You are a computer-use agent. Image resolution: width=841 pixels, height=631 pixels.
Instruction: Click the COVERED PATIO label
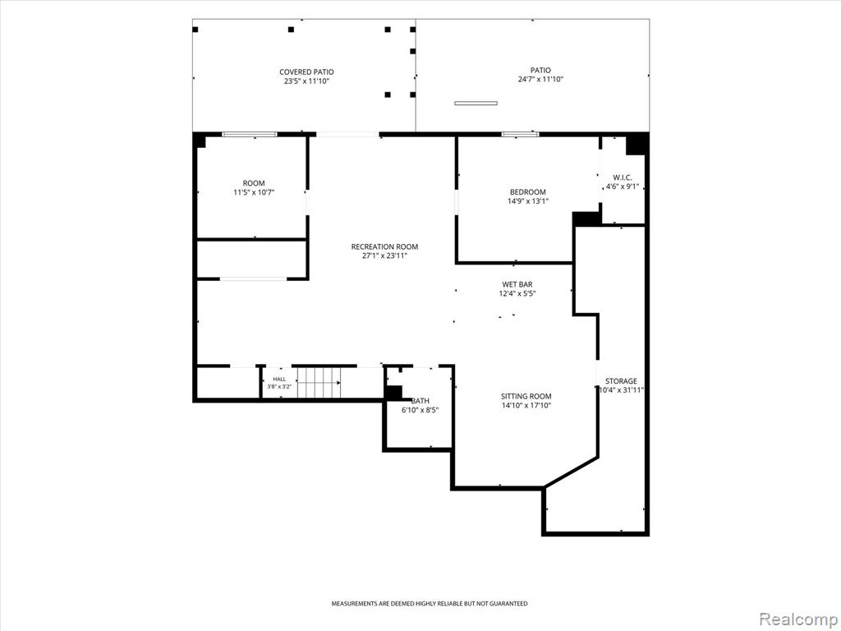[306, 72]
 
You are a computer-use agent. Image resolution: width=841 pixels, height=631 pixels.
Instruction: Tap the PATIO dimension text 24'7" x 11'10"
[540, 80]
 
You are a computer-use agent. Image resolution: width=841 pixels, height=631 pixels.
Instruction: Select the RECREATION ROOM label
[384, 246]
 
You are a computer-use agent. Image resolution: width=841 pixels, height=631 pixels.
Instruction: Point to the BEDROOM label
[528, 192]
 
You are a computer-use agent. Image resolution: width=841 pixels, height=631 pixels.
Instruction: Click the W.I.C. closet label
[623, 177]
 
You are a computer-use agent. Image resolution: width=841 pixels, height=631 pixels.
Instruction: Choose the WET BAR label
[517, 284]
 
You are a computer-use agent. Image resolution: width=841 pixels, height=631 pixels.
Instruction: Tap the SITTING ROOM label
[526, 397]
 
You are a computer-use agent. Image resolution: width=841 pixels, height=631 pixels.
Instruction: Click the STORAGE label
[621, 381]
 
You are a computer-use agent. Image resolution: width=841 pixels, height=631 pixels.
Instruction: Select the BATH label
[420, 401]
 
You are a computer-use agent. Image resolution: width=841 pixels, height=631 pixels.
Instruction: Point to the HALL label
[279, 380]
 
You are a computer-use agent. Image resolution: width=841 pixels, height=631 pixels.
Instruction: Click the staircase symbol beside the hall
[319, 383]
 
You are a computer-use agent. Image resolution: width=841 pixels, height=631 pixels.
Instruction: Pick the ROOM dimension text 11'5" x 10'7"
[254, 192]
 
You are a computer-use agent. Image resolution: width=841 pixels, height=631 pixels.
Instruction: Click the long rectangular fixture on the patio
[476, 103]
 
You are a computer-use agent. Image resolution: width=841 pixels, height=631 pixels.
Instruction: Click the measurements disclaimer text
[429, 604]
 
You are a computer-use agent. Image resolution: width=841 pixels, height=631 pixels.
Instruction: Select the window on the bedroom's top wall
[520, 134]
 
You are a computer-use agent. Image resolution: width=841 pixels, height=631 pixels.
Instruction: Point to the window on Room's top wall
[250, 134]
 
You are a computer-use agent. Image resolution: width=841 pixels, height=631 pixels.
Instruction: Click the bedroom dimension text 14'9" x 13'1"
[528, 201]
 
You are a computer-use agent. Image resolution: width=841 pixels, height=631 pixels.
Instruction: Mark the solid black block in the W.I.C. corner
[636, 144]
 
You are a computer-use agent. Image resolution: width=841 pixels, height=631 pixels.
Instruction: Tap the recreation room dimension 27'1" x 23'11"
[384, 256]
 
